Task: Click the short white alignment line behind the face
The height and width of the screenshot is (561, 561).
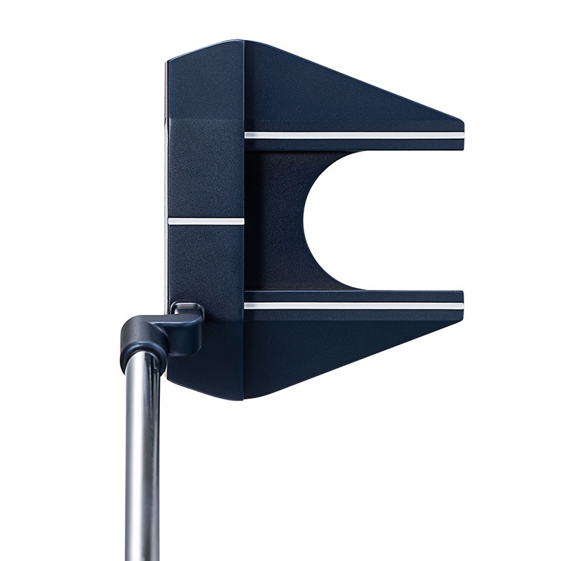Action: [x=206, y=221]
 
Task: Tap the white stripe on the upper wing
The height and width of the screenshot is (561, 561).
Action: [x=354, y=135]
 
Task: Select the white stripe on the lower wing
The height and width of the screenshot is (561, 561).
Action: [x=354, y=306]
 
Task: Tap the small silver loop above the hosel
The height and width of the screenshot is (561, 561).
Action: [x=187, y=307]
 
